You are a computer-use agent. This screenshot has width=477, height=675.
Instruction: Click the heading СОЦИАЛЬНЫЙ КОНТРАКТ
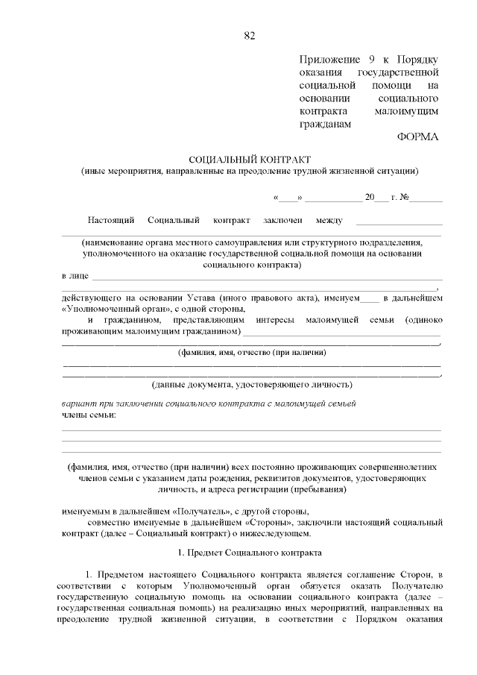(250, 160)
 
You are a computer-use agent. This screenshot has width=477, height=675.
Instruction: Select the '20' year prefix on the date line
(369, 198)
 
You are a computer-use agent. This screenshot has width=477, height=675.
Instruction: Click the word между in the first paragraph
(329, 220)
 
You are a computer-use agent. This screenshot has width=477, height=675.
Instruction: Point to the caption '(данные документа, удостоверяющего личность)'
(251, 386)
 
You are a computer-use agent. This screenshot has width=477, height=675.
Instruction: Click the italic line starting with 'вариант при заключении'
(208, 404)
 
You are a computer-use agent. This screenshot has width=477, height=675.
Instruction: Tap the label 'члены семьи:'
(89, 414)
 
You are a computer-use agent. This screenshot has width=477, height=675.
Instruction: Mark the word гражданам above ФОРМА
(324, 124)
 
